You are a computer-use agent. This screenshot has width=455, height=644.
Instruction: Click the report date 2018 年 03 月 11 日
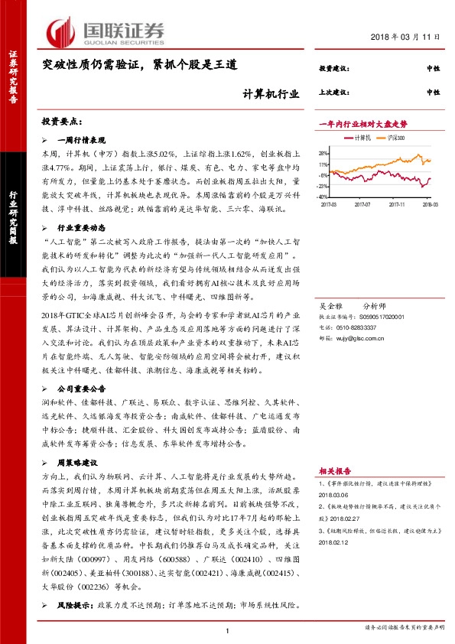coord(407,37)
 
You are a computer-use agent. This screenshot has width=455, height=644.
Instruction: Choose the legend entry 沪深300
coord(395,138)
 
